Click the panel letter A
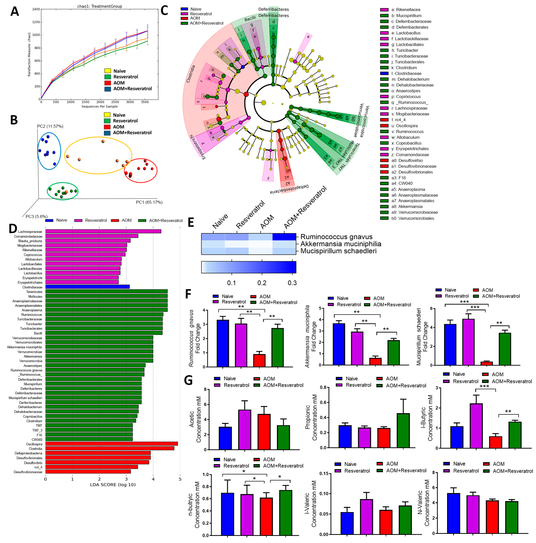point(15,12)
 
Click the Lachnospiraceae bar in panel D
point(103,231)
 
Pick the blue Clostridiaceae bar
point(87,287)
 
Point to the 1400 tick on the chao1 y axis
point(36,9)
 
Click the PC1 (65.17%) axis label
point(149,202)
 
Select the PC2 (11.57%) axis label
point(50,126)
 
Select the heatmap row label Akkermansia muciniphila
point(340,244)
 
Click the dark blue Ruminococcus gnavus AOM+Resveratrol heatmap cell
point(284,237)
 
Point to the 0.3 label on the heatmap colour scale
point(292,283)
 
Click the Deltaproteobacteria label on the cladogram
point(289,189)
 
